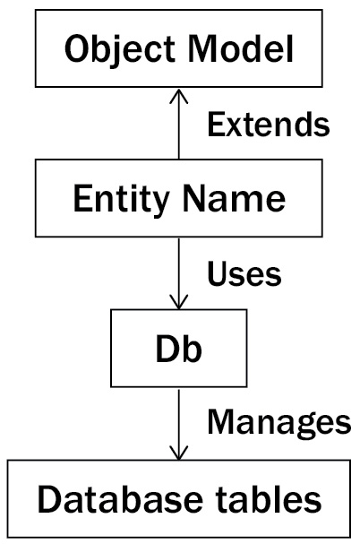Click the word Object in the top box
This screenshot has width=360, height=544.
coord(120,49)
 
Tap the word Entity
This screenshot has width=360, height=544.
coord(122,200)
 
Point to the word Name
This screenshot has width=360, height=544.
coord(234,198)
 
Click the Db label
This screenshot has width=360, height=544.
coord(178,349)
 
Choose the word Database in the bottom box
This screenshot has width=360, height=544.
coord(120,499)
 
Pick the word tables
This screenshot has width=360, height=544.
coord(269,499)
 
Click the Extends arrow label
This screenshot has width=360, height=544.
coord(269,124)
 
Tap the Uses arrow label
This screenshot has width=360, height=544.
coord(244,273)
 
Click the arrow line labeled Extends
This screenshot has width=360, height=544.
coord(178,124)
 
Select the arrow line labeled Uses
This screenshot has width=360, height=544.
coord(178,273)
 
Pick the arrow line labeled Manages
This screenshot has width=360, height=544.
coord(178,425)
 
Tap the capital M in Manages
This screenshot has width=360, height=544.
coord(221,421)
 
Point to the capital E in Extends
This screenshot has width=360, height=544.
coord(216,124)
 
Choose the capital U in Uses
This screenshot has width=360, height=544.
coord(219,273)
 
